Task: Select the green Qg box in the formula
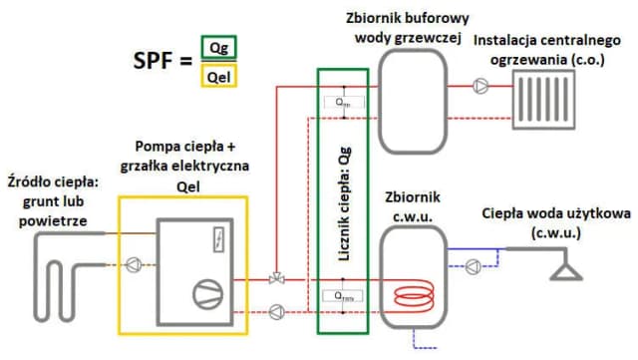pos(218,48)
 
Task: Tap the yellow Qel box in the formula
pos(218,76)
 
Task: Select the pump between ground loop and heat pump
pos(133,265)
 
